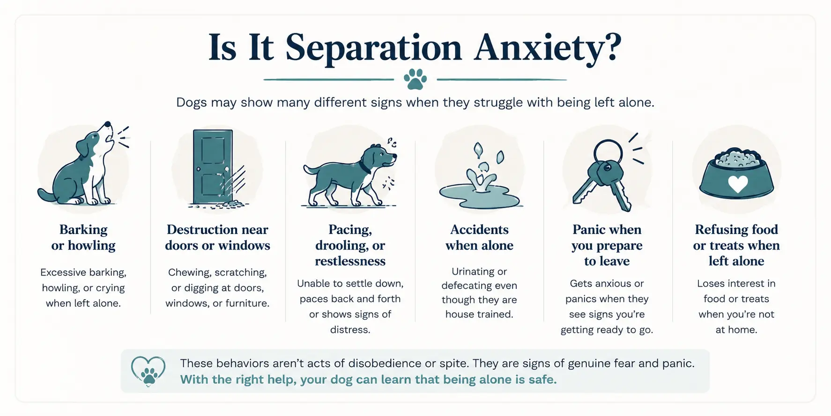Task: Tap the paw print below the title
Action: coord(415,79)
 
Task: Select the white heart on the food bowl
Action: coord(737,184)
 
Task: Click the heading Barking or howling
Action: coord(83,237)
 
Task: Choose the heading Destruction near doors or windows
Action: coord(217,237)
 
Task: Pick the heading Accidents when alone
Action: coord(479,237)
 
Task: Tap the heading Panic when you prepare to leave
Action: coord(607,245)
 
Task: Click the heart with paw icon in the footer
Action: coord(148,371)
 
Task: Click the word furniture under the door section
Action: coord(247,303)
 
